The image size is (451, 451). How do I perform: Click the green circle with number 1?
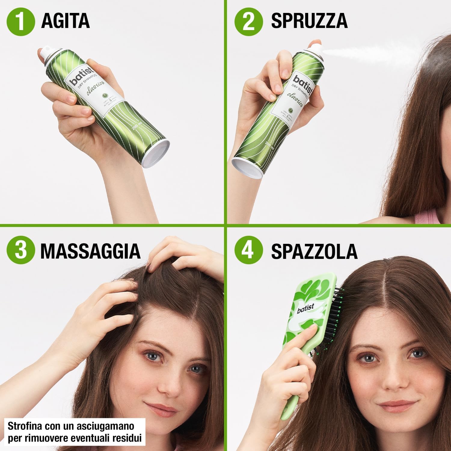click(20, 21)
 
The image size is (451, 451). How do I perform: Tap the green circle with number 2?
click(248, 21)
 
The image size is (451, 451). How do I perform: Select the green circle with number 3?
click(21, 250)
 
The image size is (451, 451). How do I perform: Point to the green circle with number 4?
click(248, 250)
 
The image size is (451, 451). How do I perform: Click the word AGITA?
click(65, 21)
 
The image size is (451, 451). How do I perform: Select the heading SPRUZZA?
click(309, 21)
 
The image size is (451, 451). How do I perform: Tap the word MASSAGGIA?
click(90, 251)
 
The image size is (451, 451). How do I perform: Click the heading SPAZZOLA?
click(314, 251)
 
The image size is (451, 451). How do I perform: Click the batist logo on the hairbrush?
click(305, 308)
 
